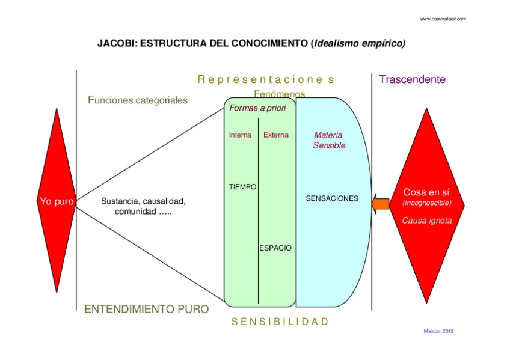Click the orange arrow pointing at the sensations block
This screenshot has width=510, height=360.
coord(381,204)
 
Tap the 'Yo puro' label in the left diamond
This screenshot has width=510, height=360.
coord(56,202)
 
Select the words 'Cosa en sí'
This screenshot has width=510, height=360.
coord(426,192)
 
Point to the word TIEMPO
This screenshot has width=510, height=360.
coord(243,187)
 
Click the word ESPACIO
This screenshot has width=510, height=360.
coord(275,248)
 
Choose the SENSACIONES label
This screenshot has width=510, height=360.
coord(332,198)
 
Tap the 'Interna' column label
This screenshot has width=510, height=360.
coord(240,135)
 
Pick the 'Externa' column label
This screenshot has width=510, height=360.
coord(276,135)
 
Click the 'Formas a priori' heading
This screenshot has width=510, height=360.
coord(257,108)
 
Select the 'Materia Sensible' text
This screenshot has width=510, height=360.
coord(328,140)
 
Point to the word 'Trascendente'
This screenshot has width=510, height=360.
coord(412,79)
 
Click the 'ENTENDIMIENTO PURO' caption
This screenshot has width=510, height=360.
coord(147,309)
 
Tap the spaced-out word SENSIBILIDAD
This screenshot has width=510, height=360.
coord(280,322)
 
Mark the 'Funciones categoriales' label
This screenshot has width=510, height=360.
coord(138,100)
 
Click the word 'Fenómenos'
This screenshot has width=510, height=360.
coord(279,94)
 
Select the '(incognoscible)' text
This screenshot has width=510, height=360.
coord(426,204)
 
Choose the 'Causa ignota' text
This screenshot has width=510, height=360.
coord(426,221)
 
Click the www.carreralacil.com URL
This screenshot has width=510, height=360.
coord(443,19)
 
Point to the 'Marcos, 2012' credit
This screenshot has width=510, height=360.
coord(438,331)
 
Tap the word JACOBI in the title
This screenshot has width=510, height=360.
coord(115,44)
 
